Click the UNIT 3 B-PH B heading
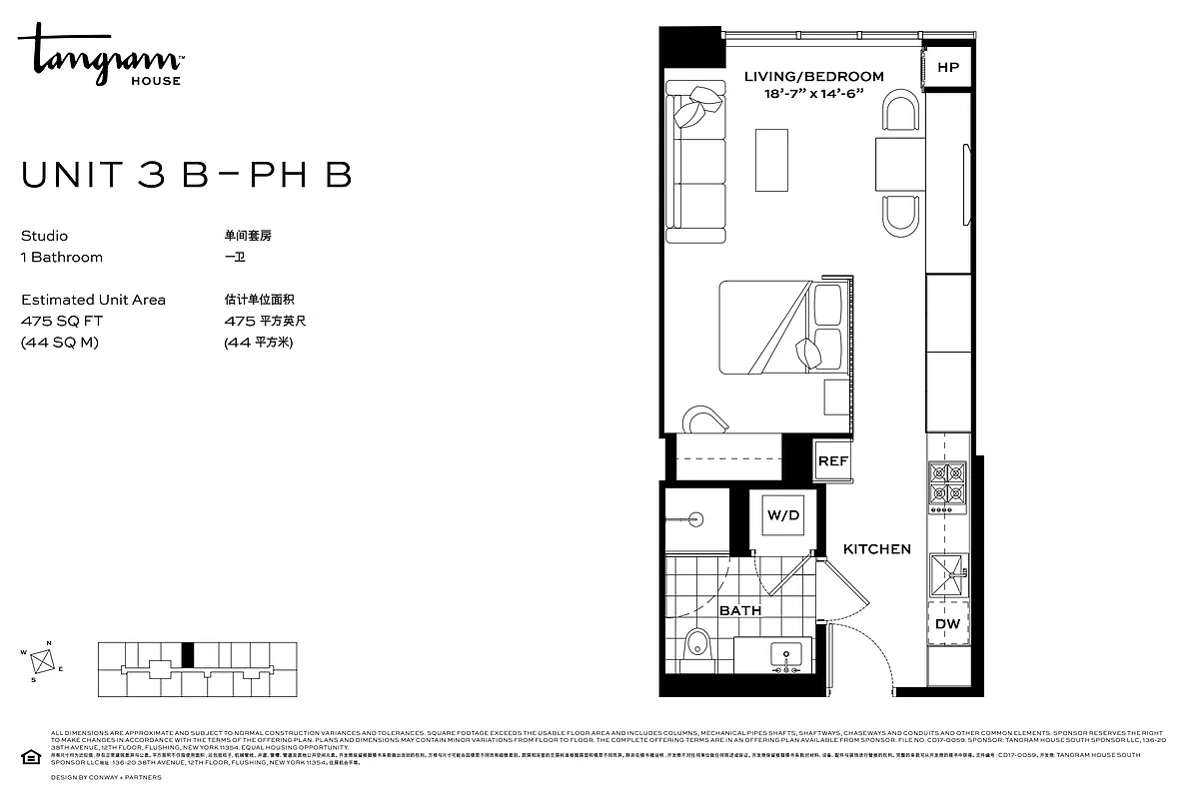(186, 175)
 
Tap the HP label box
(947, 67)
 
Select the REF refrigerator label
(832, 460)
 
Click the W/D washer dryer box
(783, 515)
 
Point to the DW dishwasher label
(947, 624)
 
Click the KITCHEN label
(876, 548)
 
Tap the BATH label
(739, 609)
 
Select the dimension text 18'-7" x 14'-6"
(813, 93)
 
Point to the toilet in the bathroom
(696, 647)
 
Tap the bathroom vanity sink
(787, 656)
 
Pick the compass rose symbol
(42, 661)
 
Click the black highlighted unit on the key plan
(188, 654)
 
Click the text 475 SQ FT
(61, 321)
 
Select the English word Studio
(44, 236)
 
